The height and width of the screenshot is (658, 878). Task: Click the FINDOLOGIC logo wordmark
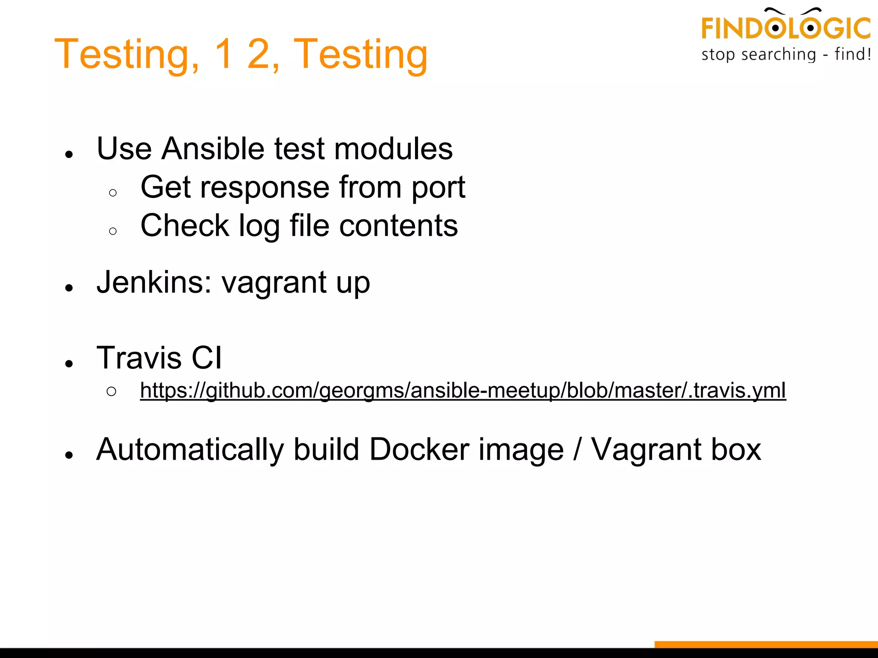[x=785, y=28]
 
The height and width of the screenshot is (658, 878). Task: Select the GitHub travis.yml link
[x=463, y=390]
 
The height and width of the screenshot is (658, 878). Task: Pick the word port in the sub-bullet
[x=438, y=188]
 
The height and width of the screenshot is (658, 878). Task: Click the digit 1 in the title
[x=225, y=54]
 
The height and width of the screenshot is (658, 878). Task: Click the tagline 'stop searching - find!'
[x=786, y=55]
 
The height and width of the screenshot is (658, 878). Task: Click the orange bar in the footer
[x=766, y=644]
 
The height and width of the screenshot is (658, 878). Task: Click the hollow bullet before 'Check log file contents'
[x=113, y=231]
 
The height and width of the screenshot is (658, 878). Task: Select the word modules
[x=393, y=149]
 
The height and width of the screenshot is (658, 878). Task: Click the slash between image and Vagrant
[x=577, y=450]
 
